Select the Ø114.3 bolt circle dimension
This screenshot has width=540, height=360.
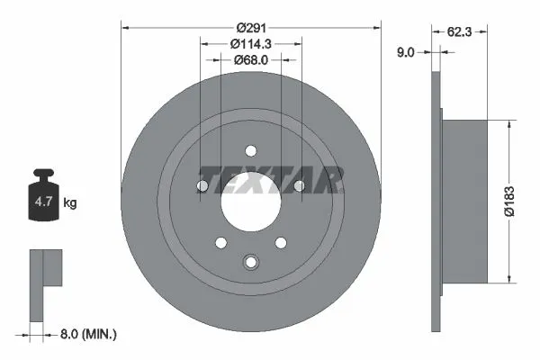[251, 43]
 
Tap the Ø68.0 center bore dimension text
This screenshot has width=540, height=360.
[251, 60]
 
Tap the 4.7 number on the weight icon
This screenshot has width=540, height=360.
[43, 202]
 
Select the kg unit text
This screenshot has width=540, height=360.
[70, 203]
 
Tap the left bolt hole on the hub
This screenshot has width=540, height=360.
[202, 186]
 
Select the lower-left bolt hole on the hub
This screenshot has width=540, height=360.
[221, 243]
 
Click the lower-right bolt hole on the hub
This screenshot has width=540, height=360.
[281, 243]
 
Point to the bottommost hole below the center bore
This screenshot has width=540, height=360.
[251, 263]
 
